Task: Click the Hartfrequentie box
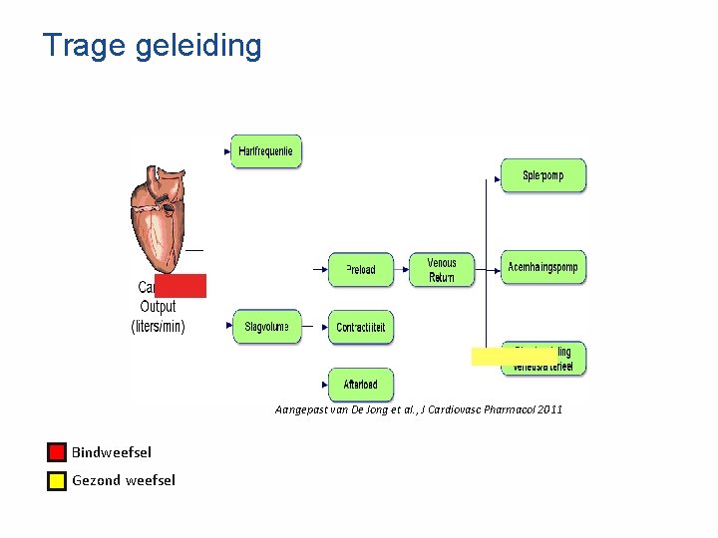266,151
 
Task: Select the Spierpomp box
542,175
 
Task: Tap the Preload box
361,269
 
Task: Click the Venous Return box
442,270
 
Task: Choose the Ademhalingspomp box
542,267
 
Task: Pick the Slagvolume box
266,327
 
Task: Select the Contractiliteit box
361,327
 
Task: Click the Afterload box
361,385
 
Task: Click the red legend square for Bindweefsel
57,452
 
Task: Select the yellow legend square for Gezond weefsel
57,481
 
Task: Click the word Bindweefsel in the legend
112,452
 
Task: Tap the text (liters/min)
159,326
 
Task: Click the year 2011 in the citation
549,409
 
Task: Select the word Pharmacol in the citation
506,409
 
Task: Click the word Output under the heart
159,307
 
